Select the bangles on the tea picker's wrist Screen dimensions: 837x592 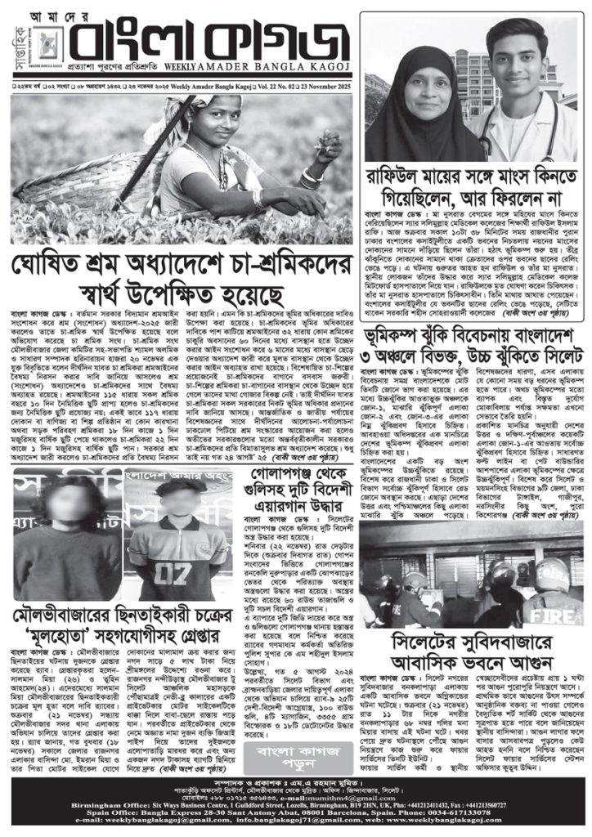click(312, 177)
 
